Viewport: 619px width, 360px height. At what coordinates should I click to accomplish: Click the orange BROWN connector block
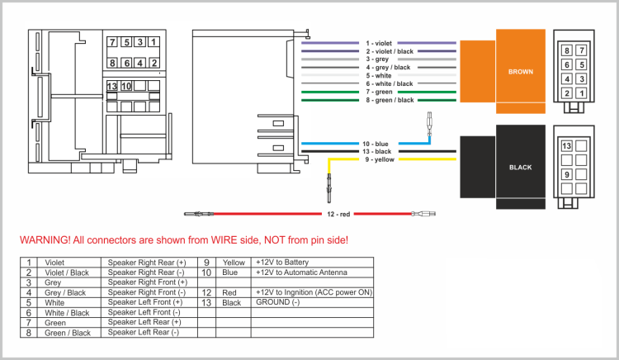pyautogui.click(x=521, y=72)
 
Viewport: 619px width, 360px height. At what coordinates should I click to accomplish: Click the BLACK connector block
pyautogui.click(x=520, y=167)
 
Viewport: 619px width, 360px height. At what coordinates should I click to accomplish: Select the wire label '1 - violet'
pyautogui.click(x=380, y=43)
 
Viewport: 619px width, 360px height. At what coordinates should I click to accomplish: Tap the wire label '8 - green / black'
pyautogui.click(x=390, y=100)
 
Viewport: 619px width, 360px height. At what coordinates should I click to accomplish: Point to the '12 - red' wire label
pyautogui.click(x=339, y=215)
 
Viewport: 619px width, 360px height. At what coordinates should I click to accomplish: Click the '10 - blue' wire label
pyautogui.click(x=376, y=144)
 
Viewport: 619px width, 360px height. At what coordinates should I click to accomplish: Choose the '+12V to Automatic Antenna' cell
pyautogui.click(x=301, y=272)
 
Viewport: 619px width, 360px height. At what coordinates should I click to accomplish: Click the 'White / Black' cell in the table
pyautogui.click(x=67, y=313)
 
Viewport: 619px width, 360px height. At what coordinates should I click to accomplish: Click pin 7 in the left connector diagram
pyautogui.click(x=112, y=42)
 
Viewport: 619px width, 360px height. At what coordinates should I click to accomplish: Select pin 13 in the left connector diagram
pyautogui.click(x=112, y=86)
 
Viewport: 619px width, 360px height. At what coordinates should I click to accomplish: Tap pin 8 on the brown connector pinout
pyautogui.click(x=567, y=51)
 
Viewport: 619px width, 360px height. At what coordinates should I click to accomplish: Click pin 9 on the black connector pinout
pyautogui.click(x=567, y=174)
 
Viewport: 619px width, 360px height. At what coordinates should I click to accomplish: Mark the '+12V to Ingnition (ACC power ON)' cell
pyautogui.click(x=314, y=292)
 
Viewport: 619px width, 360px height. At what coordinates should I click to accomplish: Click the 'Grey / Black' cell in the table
pyautogui.click(x=65, y=292)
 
